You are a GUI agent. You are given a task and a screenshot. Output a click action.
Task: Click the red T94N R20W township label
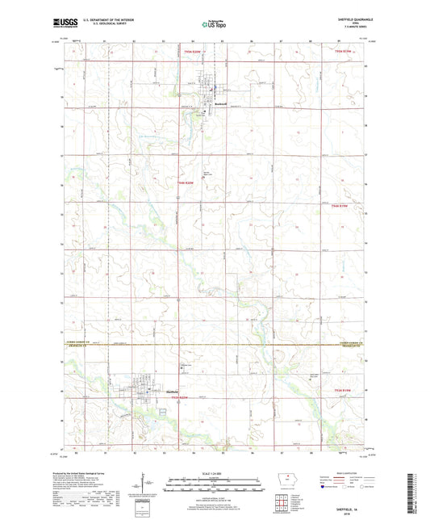[186, 183]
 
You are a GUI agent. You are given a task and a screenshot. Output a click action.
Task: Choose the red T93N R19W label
[344, 390]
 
